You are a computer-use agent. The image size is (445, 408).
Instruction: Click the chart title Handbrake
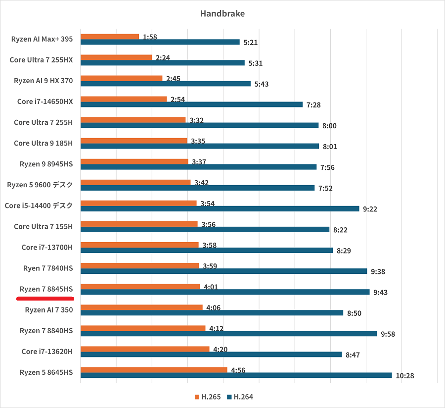[x=222, y=13]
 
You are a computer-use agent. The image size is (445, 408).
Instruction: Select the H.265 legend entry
[x=207, y=397]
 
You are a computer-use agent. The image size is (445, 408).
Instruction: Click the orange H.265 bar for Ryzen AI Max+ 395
[x=110, y=37]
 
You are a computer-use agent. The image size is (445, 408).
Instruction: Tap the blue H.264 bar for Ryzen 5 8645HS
[x=236, y=375]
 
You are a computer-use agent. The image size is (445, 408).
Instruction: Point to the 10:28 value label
[x=405, y=376]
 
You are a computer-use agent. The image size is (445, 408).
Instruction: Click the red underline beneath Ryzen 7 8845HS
[x=45, y=299]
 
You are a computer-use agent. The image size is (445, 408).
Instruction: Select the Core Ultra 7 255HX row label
[x=41, y=60]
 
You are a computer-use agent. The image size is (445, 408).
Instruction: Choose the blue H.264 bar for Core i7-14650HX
[x=191, y=104]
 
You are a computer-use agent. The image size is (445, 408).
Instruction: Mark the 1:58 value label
[x=150, y=37]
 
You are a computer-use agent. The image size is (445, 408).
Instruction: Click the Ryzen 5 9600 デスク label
[x=40, y=185]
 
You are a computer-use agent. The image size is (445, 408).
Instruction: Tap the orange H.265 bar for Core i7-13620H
[x=145, y=349]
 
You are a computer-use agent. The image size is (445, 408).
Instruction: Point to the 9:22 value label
[x=370, y=209]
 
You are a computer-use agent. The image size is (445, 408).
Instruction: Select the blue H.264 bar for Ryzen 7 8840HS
[x=229, y=334]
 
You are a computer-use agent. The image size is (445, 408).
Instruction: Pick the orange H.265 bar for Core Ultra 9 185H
[x=134, y=141]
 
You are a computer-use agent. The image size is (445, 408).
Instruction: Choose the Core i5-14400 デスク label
[x=39, y=205]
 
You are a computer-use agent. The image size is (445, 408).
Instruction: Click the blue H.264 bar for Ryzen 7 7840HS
[x=224, y=271]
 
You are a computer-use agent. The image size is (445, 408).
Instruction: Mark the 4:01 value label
[x=211, y=287]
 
